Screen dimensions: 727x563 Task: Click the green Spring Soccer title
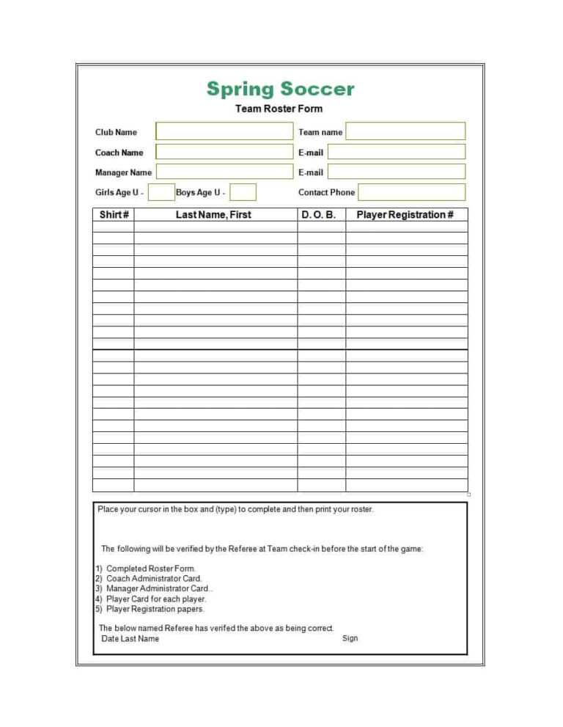[280, 89]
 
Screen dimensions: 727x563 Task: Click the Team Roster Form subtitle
[279, 109]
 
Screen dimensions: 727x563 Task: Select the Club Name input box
[224, 132]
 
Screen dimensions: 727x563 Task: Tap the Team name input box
[405, 131]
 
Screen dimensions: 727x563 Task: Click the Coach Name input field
[224, 152]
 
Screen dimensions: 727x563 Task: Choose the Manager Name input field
[224, 172]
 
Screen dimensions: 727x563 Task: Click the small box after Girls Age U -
[161, 192]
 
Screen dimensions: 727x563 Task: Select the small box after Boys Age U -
[243, 192]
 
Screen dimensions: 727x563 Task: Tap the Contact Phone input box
[411, 192]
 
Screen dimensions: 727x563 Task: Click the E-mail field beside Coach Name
[396, 152]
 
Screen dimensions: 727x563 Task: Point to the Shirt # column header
[114, 215]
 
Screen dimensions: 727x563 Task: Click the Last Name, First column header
[213, 215]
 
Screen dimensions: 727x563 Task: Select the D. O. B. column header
[319, 215]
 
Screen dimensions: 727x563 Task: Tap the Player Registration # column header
[405, 215]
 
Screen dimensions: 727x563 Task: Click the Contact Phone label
[326, 192]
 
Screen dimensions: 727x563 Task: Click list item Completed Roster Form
[151, 569]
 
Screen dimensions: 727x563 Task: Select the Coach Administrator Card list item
[154, 579]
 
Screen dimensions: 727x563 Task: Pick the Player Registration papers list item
[155, 609]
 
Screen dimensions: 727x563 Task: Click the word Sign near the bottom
[350, 638]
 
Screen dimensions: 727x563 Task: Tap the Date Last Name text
[130, 639]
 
